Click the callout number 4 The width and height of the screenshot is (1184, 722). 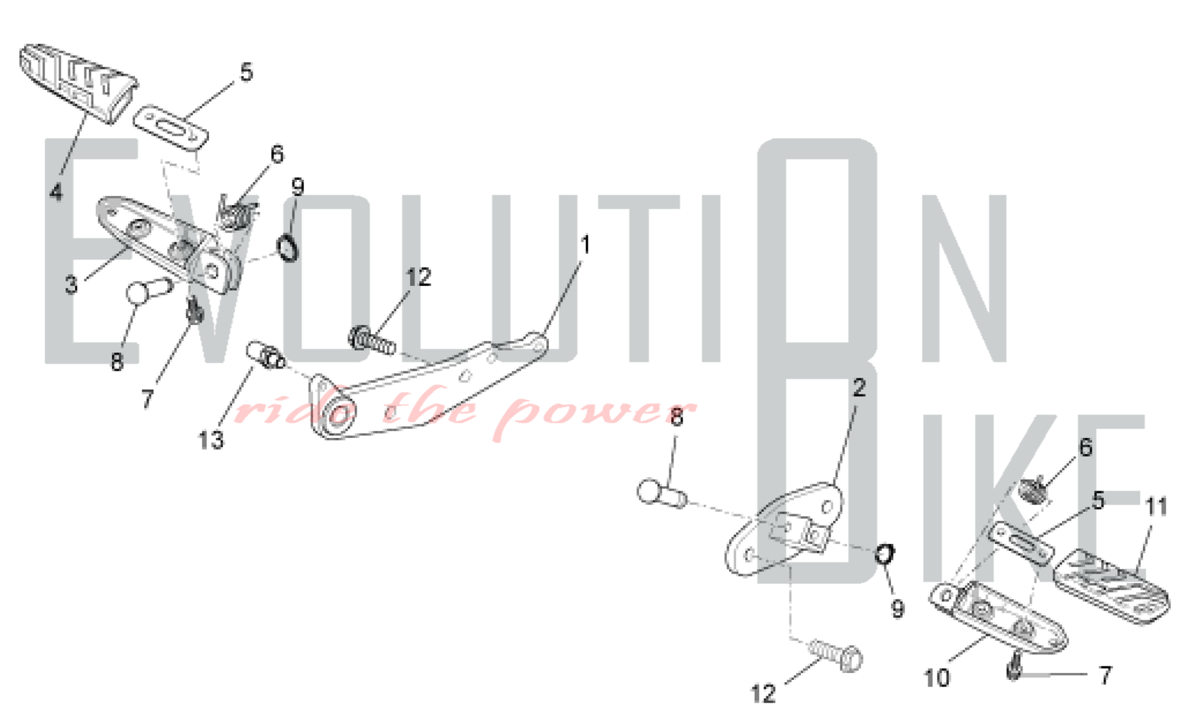(56, 192)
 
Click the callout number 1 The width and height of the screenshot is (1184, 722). (585, 245)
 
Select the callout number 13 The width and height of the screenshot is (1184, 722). (211, 440)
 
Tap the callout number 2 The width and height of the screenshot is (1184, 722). (859, 388)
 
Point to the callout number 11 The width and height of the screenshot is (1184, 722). (1156, 507)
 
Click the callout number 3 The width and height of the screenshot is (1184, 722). (71, 285)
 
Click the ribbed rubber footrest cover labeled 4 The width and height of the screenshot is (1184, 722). (78, 82)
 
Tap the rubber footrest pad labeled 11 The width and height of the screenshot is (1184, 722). (1112, 586)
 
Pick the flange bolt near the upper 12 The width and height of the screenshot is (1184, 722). (372, 340)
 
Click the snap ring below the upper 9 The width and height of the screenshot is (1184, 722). (288, 247)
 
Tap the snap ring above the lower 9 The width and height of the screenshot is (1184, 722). (885, 554)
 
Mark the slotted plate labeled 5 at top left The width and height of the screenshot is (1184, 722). (170, 128)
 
